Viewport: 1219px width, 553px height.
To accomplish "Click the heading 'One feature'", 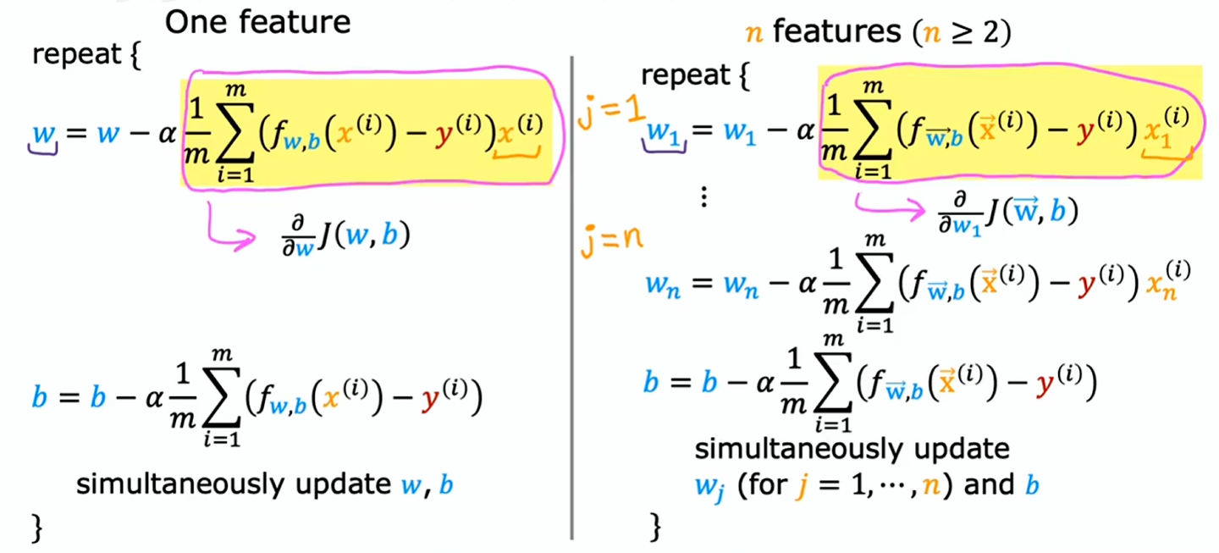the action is pos(257,23).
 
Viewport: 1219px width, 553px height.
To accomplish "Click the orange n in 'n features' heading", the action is pos(753,34).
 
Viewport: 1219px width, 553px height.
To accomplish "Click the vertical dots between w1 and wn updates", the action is pos(703,197).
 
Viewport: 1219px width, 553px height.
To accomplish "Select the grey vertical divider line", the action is pos(571,297).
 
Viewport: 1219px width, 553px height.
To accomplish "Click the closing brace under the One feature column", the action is pos(37,528).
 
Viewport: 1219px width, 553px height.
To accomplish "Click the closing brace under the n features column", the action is pos(656,527).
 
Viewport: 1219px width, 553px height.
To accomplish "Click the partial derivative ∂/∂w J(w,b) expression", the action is pos(345,236).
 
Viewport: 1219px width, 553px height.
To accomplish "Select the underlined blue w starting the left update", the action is pos(43,135).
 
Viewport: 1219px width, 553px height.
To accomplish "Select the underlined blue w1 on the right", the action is pos(663,134).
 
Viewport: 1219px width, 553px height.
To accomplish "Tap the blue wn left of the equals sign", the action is pos(663,285).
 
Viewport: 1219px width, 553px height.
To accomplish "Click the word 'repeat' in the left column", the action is pos(77,55).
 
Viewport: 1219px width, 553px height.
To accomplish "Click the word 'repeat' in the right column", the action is pos(685,75).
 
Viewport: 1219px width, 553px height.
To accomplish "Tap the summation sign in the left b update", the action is pos(222,397).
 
